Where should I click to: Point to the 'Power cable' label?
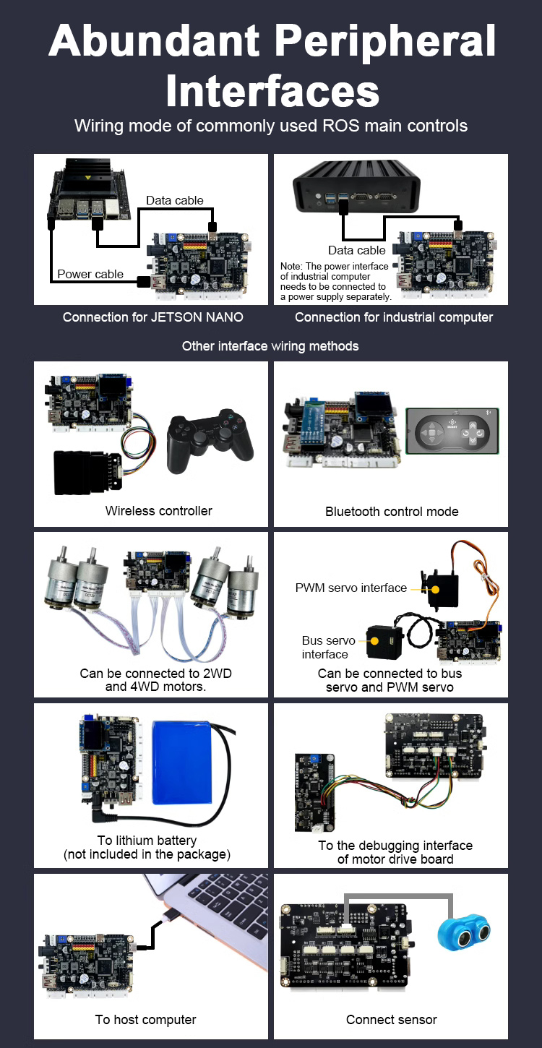pyautogui.click(x=90, y=274)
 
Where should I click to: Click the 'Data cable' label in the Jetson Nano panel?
pyautogui.click(x=174, y=200)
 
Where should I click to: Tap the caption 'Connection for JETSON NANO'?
pyautogui.click(x=153, y=317)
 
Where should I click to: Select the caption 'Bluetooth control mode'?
pyautogui.click(x=392, y=512)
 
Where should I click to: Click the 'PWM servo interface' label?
pyautogui.click(x=350, y=588)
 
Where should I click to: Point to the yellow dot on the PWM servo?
pyautogui.click(x=435, y=590)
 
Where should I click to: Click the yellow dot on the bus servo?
pyautogui.click(x=374, y=640)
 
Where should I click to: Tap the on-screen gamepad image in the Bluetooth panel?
pyautogui.click(x=452, y=431)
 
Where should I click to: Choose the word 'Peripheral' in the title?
pyautogui.click(x=385, y=41)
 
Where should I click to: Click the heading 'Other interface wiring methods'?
pyautogui.click(x=270, y=345)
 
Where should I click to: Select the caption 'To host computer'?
pyautogui.click(x=145, y=1020)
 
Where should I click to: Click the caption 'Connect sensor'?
pyautogui.click(x=392, y=1020)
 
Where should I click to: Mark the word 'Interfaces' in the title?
pyautogui.click(x=272, y=91)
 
